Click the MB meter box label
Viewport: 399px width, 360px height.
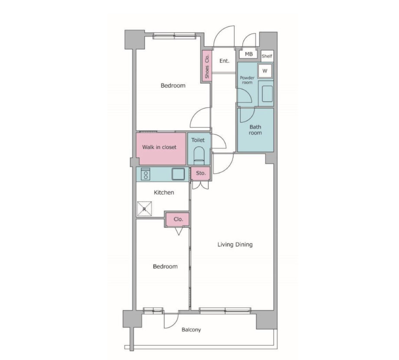pyautogui.click(x=249, y=54)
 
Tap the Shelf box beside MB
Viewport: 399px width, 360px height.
pyautogui.click(x=267, y=56)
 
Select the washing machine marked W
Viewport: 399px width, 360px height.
pyautogui.click(x=265, y=71)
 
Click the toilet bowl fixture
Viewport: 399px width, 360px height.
pyautogui.click(x=199, y=156)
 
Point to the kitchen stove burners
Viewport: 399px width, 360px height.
pyautogui.click(x=146, y=174)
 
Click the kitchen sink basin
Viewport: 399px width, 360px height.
pyautogui.click(x=178, y=174)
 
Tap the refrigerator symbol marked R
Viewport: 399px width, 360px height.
pyautogui.click(x=144, y=209)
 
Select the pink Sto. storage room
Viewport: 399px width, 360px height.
pyautogui.click(x=200, y=173)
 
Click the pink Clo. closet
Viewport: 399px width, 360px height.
pyautogui.click(x=178, y=219)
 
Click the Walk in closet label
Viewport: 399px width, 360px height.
pyautogui.click(x=159, y=147)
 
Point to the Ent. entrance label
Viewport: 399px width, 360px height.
pyautogui.click(x=224, y=61)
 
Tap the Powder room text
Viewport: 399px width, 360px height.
pyautogui.click(x=247, y=80)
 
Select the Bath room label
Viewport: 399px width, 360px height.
pyautogui.click(x=255, y=130)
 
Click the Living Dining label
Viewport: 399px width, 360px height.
pyautogui.click(x=235, y=245)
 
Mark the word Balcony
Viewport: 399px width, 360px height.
pyautogui.click(x=191, y=330)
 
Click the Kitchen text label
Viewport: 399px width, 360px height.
pyautogui.click(x=164, y=192)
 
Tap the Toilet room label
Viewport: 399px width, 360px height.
pyautogui.click(x=198, y=140)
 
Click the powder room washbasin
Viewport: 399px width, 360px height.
pyautogui.click(x=267, y=94)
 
